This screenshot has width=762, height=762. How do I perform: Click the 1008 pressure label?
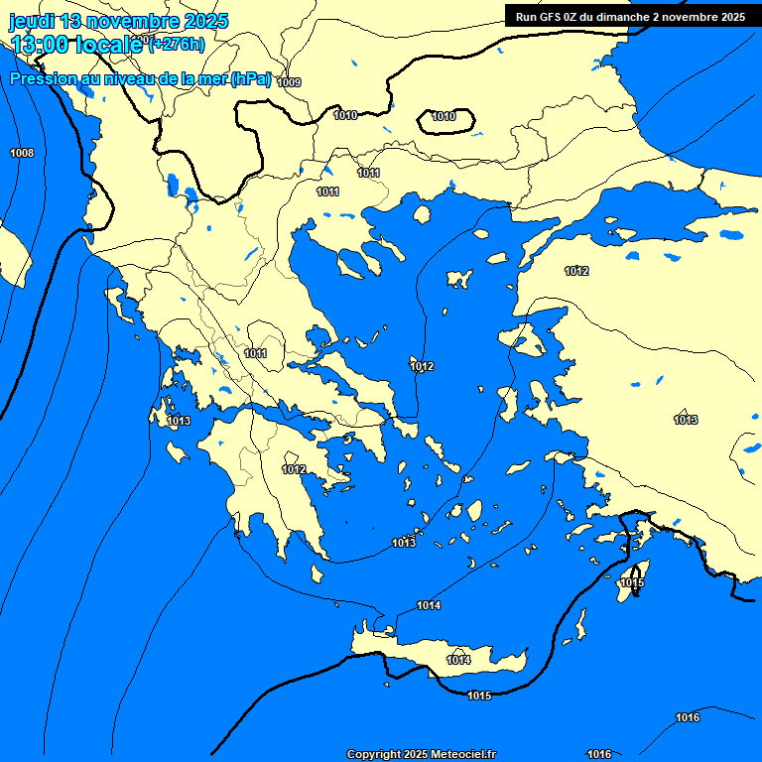(22, 153)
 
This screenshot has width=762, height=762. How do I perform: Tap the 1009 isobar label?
(289, 82)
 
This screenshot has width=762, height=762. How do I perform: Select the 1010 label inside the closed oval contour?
(444, 117)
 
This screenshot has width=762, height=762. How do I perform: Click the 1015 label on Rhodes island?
(632, 583)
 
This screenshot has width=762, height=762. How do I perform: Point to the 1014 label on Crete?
(458, 660)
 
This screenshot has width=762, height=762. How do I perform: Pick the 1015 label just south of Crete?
(479, 696)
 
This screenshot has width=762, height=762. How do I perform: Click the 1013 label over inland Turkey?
(685, 420)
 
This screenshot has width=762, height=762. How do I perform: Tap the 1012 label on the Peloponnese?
(294, 469)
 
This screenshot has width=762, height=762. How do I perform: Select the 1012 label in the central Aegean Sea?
(422, 367)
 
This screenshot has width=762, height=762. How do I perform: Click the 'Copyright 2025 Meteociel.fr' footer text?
(421, 754)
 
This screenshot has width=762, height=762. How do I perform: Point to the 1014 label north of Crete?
(429, 605)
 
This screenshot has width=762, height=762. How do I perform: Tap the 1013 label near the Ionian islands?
(179, 422)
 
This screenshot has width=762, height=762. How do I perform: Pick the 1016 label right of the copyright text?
(599, 754)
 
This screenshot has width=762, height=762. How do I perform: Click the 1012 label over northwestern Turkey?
(576, 272)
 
